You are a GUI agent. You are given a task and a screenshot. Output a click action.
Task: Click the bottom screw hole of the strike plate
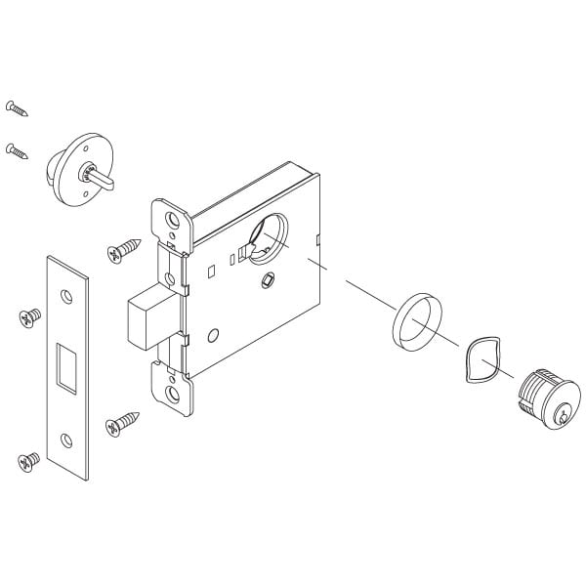[x=65, y=439]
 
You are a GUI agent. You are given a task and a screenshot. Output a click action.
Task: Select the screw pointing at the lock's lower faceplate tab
[x=123, y=424]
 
